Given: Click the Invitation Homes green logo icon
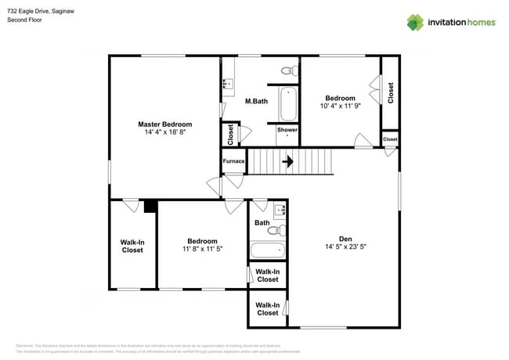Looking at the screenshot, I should (415, 22).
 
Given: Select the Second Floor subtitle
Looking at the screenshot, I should (24, 20).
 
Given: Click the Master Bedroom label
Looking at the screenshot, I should (164, 124).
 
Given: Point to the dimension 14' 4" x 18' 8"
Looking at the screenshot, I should (164, 132).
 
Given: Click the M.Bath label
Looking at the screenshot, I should (257, 101).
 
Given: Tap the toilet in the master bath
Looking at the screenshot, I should (288, 71).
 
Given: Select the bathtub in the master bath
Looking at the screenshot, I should (289, 103).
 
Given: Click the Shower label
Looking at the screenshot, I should (287, 130).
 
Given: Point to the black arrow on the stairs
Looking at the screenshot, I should (287, 162).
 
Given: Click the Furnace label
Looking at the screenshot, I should (233, 161).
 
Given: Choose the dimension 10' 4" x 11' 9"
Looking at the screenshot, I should (341, 106).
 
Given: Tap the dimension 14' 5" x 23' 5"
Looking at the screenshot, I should (345, 247).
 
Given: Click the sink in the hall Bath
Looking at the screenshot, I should (279, 210).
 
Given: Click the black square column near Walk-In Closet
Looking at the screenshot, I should (150, 206).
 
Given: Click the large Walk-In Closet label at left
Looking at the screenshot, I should (132, 246).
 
